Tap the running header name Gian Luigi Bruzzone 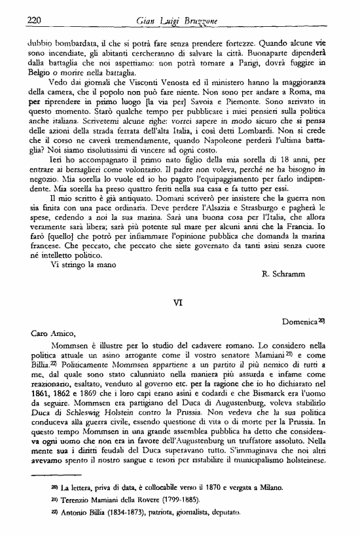(179, 21)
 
